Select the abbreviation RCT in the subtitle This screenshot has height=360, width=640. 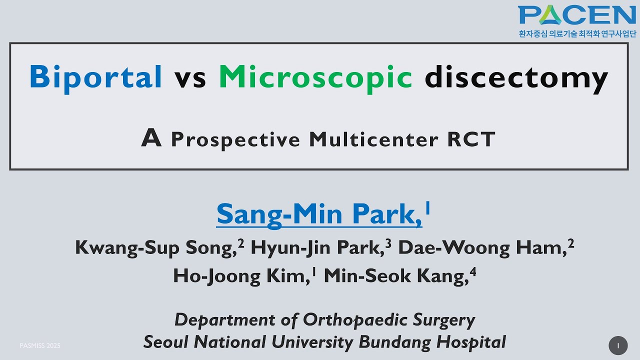[471, 139]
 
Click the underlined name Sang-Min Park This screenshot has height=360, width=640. [319, 214]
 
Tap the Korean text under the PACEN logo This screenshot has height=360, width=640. [577, 34]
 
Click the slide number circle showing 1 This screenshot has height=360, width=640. [618, 345]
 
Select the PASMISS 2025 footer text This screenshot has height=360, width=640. [40, 345]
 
